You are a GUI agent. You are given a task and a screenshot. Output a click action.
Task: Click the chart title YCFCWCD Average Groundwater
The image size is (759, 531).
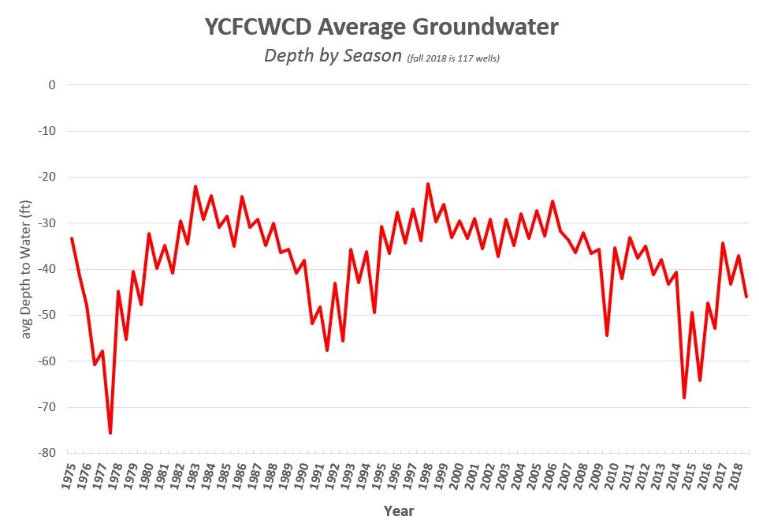click(x=381, y=27)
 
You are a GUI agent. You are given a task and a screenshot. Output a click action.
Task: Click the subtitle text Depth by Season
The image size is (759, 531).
click(x=333, y=57)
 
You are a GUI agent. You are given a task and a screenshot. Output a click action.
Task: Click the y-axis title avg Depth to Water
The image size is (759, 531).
click(x=26, y=268)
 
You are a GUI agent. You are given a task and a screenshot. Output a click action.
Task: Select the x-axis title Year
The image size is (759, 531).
click(x=398, y=510)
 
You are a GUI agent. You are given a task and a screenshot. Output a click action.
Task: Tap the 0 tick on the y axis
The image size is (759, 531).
click(x=51, y=84)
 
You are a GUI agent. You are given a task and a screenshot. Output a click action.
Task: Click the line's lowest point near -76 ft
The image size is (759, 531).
click(x=110, y=433)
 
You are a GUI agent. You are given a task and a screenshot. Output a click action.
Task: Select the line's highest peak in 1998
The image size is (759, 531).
click(x=428, y=184)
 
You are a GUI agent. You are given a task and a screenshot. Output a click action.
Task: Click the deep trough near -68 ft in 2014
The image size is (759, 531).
click(x=684, y=398)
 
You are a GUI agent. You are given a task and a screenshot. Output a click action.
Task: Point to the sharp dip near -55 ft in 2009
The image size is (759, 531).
click(x=607, y=335)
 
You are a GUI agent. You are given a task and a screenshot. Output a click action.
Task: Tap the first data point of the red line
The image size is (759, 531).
click(x=72, y=238)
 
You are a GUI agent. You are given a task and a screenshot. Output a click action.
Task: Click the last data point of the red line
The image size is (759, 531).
click(x=746, y=297)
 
